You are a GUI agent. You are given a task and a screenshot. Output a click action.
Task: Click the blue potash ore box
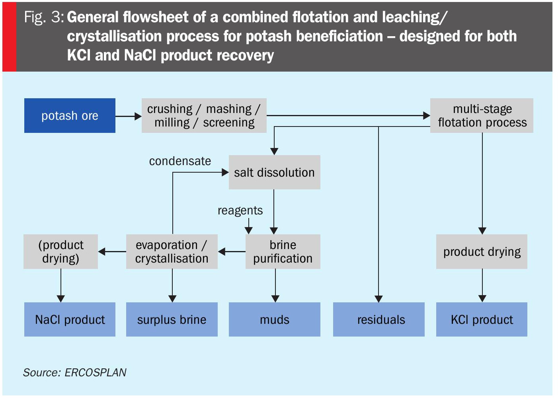click(70, 115)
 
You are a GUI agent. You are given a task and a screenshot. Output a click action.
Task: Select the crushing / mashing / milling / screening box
click(204, 115)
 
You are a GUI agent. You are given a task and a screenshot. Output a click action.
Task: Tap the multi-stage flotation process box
click(482, 115)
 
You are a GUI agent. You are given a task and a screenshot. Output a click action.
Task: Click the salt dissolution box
click(274, 172)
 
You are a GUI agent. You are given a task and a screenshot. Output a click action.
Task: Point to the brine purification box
click(283, 251)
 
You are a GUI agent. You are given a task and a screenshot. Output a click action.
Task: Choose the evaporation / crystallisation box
click(172, 251)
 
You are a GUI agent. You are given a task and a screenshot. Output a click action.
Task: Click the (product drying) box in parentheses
click(60, 251)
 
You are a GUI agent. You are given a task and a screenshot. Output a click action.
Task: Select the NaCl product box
click(70, 319)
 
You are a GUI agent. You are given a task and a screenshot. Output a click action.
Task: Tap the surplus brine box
click(172, 319)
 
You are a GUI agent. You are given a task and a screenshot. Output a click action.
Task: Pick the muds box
click(274, 319)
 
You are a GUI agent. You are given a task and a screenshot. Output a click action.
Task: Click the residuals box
click(379, 319)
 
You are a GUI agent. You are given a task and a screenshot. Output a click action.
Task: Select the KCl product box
click(482, 319)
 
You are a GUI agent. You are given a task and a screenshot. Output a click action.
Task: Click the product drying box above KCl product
click(482, 251)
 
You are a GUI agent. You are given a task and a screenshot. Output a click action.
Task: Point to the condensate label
click(180, 161)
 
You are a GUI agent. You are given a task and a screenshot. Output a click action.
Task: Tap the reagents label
click(240, 210)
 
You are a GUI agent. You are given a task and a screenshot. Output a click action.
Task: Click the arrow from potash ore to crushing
click(129, 116)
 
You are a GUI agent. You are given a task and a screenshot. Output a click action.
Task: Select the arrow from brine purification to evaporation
click(232, 251)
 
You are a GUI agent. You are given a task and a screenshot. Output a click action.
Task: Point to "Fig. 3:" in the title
click(44, 17)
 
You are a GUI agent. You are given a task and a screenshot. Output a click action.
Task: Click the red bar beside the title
click(9, 37)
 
